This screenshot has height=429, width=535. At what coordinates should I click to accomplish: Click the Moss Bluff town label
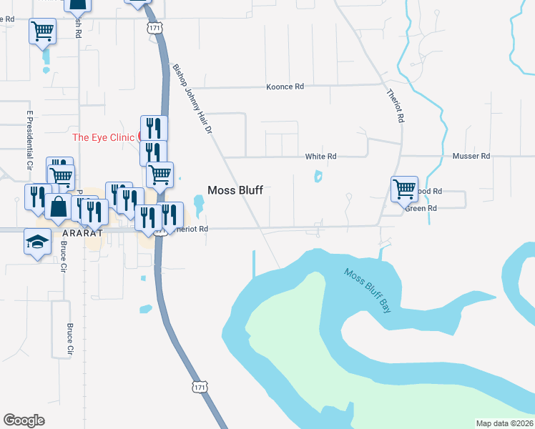235,190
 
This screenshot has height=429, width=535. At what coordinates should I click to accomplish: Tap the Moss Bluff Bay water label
369,289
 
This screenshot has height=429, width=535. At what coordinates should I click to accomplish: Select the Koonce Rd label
285,87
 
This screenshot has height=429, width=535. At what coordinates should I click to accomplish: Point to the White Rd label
320,156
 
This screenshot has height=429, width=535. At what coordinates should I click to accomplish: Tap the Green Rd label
421,208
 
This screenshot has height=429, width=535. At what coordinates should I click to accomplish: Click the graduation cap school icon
37,242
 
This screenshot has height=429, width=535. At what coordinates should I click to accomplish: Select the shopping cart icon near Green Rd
404,188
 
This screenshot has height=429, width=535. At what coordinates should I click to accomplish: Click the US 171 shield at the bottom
200,387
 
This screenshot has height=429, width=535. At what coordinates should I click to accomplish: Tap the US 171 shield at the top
154,27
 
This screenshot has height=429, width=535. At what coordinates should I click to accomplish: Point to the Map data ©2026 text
504,423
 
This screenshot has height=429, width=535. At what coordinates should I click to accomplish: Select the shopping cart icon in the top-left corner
42,30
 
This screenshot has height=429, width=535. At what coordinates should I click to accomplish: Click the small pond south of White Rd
318,175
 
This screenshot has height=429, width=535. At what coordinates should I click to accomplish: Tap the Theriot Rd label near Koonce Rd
396,106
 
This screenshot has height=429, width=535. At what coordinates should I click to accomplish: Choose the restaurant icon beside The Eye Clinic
154,128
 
